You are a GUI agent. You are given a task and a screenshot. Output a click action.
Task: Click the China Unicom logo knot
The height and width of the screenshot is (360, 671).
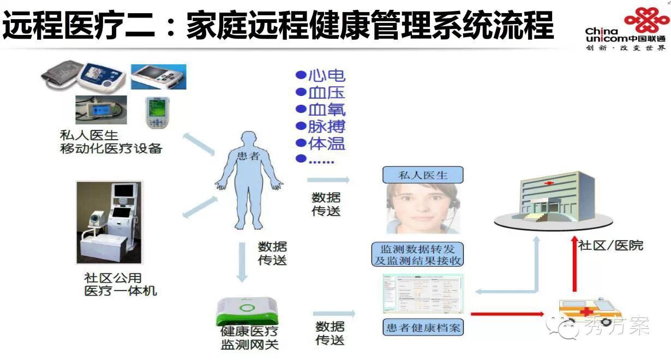tap(646, 22)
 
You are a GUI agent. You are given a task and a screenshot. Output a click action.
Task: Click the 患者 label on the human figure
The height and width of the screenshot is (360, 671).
tap(249, 157)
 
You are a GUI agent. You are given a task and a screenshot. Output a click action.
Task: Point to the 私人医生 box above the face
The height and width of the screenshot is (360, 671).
tap(423, 175)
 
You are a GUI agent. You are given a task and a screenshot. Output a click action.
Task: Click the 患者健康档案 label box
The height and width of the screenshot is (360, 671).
tap(423, 327)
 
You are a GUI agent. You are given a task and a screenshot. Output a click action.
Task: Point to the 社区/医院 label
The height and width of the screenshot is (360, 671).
tap(610, 245)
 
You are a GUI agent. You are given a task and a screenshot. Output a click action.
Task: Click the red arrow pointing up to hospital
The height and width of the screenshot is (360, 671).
tap(573, 265)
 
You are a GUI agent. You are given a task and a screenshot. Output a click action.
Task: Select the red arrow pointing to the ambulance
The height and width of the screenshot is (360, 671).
tap(507, 314)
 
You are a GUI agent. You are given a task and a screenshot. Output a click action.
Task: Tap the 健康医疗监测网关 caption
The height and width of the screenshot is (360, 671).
tap(249, 338)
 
